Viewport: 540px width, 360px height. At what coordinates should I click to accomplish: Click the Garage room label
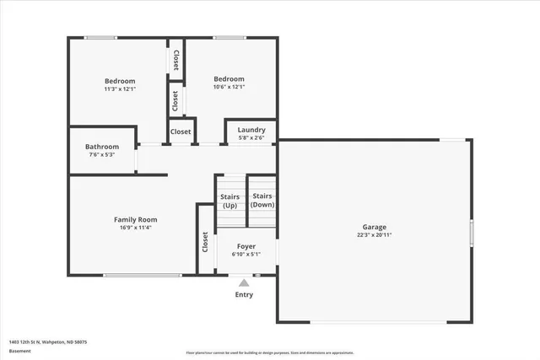coord(375,227)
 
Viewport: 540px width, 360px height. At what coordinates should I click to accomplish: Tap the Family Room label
coord(136,219)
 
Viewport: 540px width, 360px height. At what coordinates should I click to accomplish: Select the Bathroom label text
coord(101,146)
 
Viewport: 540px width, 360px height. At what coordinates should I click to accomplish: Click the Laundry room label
coord(251,129)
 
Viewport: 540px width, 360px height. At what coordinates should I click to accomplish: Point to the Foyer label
coord(246,246)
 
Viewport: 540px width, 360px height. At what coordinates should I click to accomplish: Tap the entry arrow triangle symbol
coord(244,282)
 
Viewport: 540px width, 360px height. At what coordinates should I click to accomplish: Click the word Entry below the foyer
coord(244,294)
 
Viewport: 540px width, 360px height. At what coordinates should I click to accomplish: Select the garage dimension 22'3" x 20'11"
coord(375,236)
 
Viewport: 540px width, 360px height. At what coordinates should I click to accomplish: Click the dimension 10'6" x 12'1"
coord(229,86)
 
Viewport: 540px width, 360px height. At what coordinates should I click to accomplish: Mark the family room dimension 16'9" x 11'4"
coord(136,228)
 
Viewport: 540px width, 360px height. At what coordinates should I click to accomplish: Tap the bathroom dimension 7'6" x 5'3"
coord(101,154)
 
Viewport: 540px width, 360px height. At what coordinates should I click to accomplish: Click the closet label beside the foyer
coord(205,242)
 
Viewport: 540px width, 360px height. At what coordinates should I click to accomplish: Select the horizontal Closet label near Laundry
coord(181,132)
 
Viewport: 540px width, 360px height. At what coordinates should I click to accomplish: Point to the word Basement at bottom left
coord(19,351)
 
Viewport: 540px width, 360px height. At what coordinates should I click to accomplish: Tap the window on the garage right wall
coord(471,231)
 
